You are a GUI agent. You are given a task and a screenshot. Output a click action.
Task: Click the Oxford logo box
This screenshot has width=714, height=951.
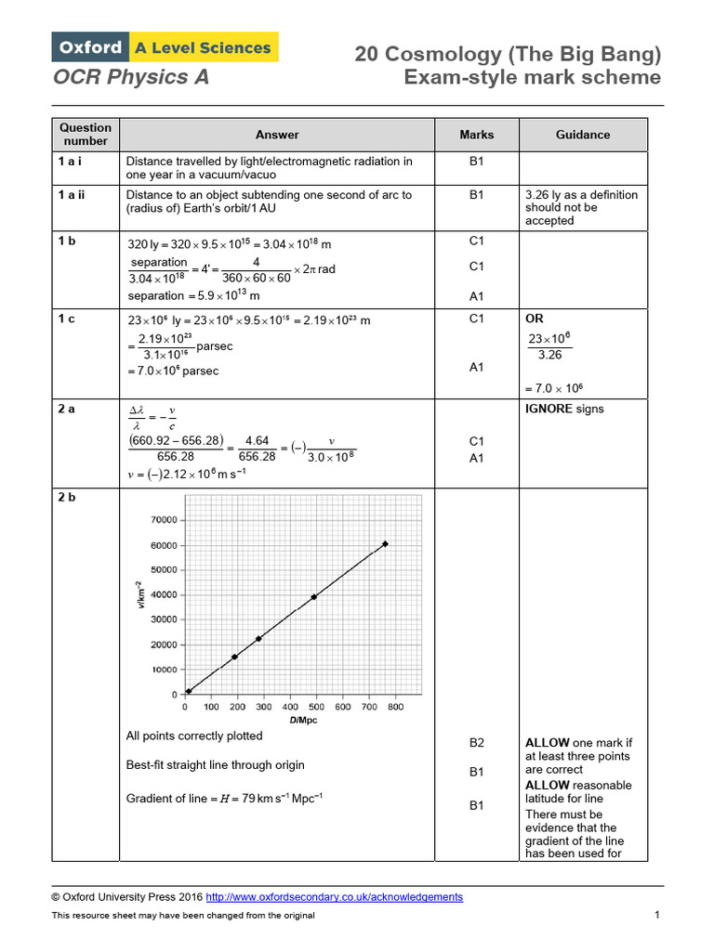(x=90, y=47)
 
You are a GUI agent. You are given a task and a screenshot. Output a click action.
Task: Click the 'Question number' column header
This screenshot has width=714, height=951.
(x=86, y=135)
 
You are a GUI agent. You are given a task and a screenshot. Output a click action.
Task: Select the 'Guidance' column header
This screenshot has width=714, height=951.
(x=583, y=135)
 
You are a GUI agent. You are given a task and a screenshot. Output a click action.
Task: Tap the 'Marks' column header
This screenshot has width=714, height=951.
(x=477, y=135)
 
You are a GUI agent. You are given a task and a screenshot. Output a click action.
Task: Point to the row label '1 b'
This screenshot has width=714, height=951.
(x=67, y=241)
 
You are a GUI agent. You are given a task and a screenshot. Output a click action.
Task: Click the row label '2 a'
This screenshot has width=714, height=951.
(x=67, y=409)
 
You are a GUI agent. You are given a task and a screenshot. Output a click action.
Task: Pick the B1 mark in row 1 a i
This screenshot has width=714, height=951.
(x=477, y=162)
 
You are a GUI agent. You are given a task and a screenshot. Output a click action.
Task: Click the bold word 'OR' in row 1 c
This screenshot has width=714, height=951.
(x=535, y=319)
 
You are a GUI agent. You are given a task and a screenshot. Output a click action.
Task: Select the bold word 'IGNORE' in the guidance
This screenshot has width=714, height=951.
(x=549, y=409)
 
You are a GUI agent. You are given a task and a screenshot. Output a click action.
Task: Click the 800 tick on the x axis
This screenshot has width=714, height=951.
(x=395, y=708)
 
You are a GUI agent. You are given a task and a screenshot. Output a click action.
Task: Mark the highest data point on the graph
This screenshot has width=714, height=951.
(x=385, y=544)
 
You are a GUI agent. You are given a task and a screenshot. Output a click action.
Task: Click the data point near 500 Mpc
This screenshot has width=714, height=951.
(x=314, y=597)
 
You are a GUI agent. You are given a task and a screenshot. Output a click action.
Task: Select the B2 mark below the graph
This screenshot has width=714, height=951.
(x=477, y=743)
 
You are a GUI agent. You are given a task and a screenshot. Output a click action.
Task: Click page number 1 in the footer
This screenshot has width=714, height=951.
(x=656, y=916)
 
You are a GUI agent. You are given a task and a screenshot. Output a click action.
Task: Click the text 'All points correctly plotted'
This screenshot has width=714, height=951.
(x=194, y=736)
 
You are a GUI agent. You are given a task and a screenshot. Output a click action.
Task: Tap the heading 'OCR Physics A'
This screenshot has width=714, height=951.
(x=131, y=78)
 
